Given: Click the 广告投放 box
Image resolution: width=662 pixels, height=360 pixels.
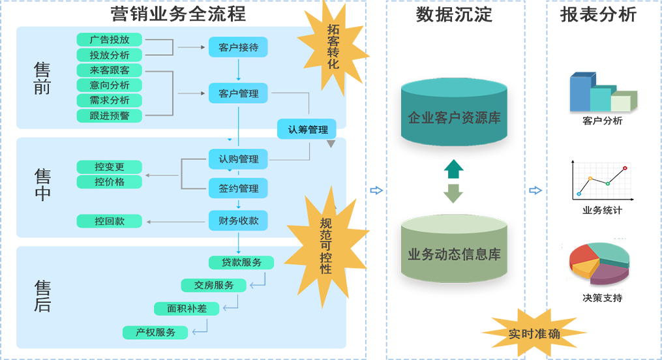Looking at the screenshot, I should click(110, 40).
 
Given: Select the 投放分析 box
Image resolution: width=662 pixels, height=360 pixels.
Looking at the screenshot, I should click(110, 55).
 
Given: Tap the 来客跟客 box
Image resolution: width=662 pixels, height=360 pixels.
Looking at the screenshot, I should click(110, 70).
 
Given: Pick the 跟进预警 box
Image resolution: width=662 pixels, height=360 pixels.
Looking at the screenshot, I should click(110, 115).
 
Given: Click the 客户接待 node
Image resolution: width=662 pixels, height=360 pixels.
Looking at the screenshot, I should click(238, 48).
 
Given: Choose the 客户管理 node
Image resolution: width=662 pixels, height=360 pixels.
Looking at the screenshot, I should click(238, 93).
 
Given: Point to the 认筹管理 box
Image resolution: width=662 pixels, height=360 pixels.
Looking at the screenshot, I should click(307, 129).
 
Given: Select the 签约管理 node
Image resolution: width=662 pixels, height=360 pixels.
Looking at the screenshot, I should click(238, 188).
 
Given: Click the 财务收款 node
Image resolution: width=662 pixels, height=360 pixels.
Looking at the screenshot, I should click(238, 221).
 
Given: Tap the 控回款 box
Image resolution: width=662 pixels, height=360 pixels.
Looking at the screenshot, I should click(110, 221).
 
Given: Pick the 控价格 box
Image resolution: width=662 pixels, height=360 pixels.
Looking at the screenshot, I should click(110, 182).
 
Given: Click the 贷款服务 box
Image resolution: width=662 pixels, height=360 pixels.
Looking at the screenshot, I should click(241, 262).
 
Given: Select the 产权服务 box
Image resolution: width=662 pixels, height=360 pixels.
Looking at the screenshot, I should click(156, 333).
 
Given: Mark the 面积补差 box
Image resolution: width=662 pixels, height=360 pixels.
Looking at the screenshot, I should click(187, 308).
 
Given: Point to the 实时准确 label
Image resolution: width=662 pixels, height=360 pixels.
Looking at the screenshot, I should click(534, 334).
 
